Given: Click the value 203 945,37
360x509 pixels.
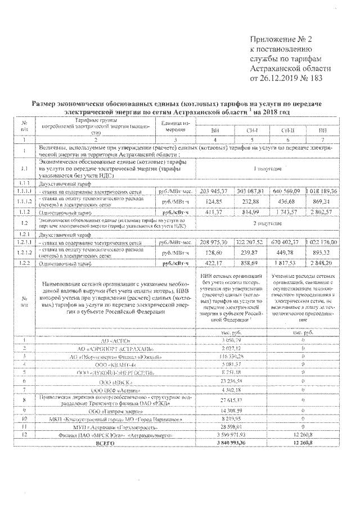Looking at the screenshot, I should coord(215,191).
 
